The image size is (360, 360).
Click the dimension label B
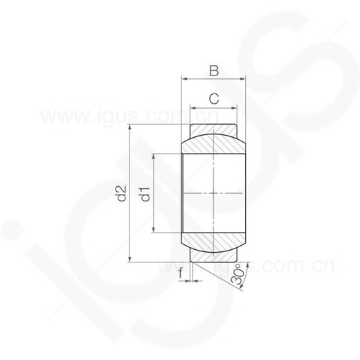pyautogui.click(x=214, y=70)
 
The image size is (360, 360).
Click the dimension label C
pyautogui.click(x=214, y=99)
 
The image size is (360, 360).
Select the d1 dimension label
pyautogui.click(x=145, y=193)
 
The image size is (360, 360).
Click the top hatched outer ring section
pyautogui.click(x=214, y=131)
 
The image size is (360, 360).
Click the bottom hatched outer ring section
pyautogui.click(x=214, y=255)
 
